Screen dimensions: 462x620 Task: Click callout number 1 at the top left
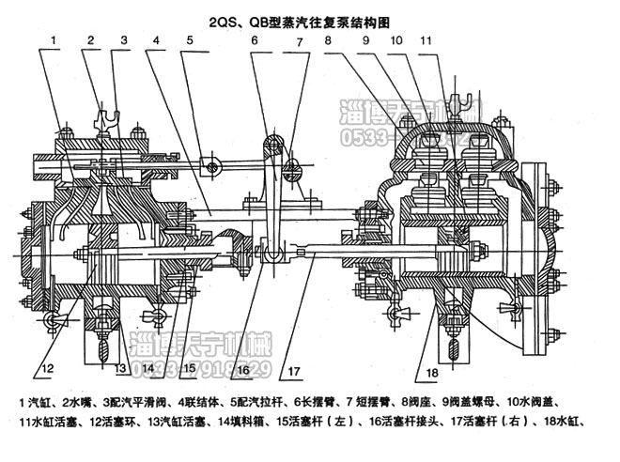coord(55,40)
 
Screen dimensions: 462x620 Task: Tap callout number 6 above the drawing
coord(254,40)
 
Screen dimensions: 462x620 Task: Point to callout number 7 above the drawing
coord(299,42)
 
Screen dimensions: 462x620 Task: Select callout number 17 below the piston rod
coord(296,356)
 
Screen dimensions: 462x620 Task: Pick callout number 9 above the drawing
coord(364,40)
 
